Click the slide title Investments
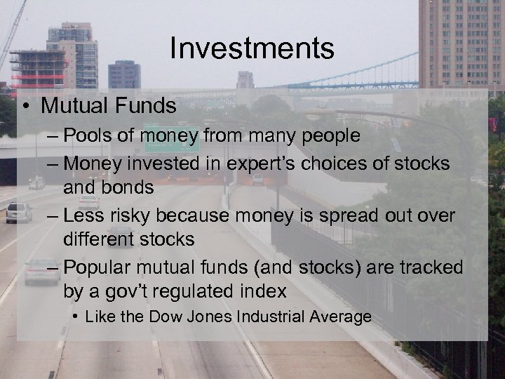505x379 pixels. click(252, 49)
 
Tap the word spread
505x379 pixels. click(351, 215)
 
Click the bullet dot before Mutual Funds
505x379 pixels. click(25, 107)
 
